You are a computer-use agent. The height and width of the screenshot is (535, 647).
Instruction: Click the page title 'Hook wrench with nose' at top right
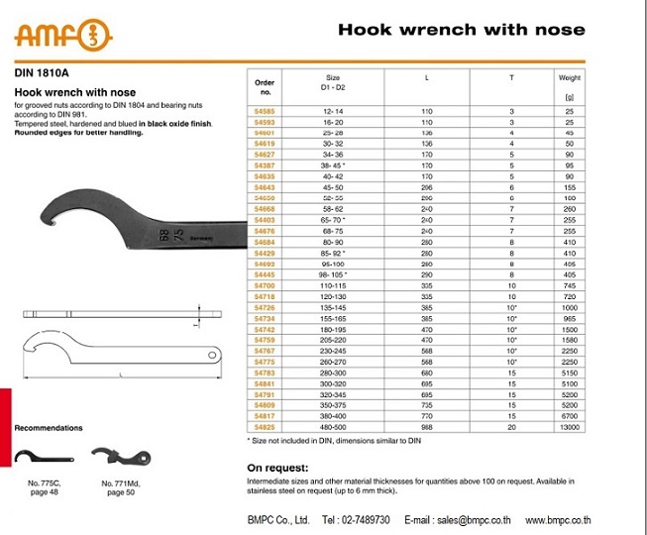pos(461,31)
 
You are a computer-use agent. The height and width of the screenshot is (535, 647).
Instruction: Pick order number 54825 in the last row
pos(264,426)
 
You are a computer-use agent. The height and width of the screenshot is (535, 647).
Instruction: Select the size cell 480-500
pos(333,426)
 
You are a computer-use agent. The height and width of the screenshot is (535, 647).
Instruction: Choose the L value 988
pos(427,426)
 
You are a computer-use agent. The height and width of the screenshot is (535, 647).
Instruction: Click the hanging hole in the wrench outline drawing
pos(211,356)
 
